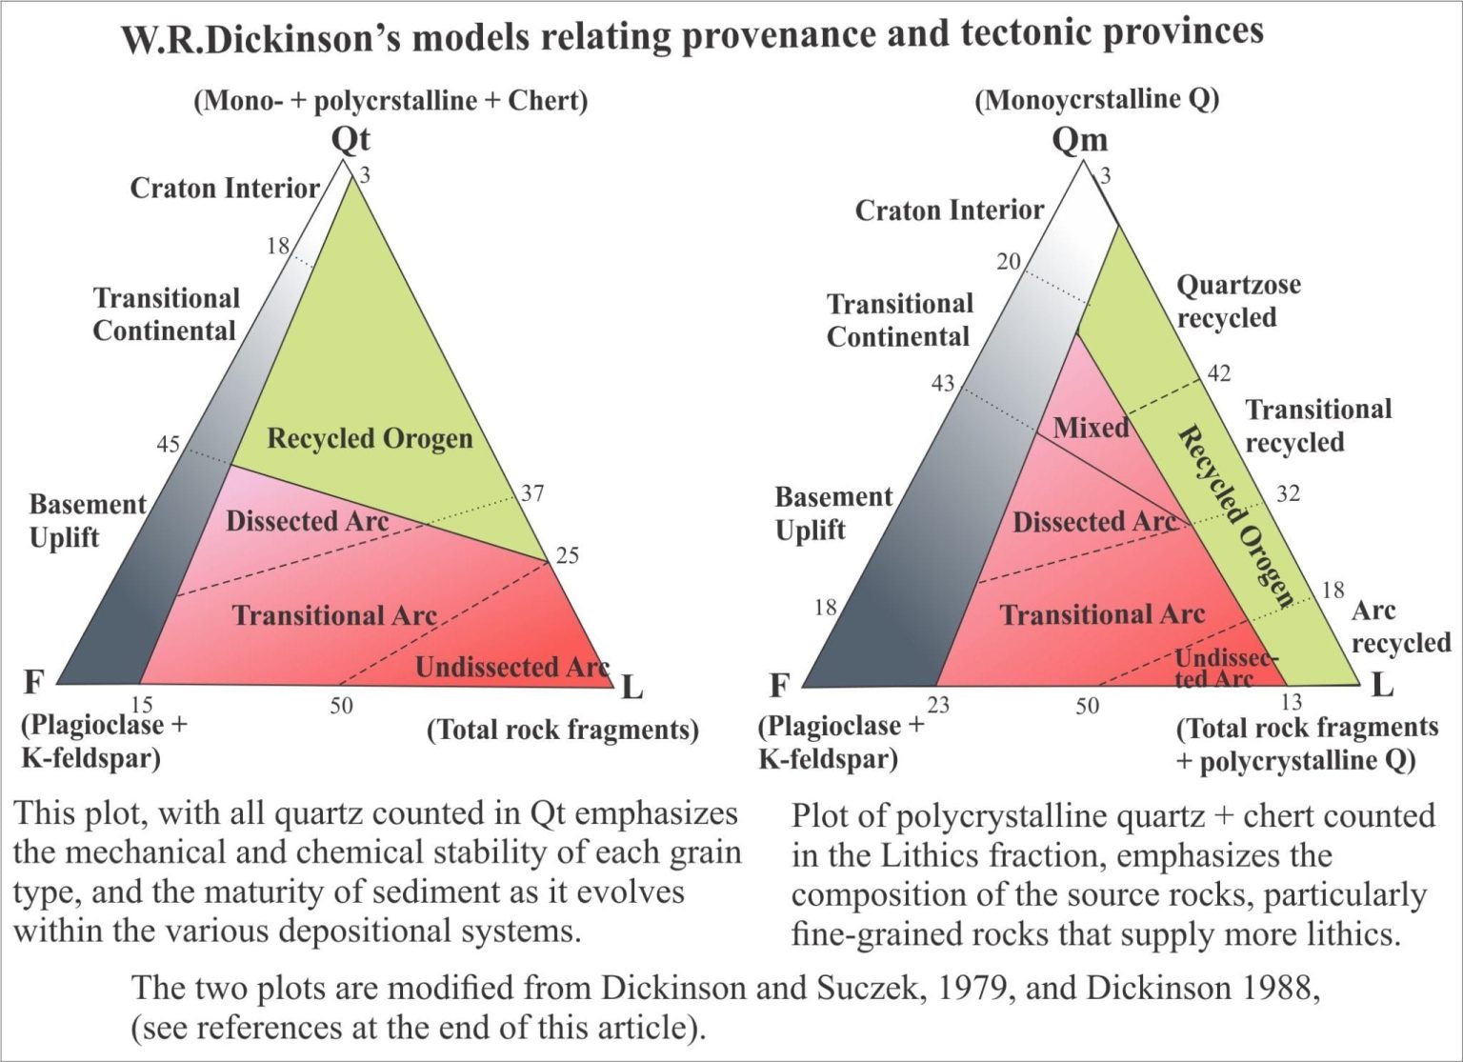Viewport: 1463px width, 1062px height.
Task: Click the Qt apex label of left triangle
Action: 351,140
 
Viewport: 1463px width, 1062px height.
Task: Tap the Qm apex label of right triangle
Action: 1079,140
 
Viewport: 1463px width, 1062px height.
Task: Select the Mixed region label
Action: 1092,428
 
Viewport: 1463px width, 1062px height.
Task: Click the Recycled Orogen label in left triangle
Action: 370,438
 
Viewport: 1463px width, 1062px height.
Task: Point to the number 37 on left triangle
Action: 532,493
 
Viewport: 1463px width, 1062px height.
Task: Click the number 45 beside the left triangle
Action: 168,445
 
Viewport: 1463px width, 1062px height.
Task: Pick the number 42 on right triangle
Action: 1219,373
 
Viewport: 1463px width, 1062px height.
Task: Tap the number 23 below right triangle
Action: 938,705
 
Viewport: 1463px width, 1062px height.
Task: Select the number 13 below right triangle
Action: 1292,702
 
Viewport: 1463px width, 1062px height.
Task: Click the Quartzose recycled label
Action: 1237,301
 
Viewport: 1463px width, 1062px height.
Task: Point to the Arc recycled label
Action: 1400,627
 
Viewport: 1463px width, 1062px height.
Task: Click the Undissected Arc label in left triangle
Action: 512,667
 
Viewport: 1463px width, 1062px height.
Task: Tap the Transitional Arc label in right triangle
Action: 1102,614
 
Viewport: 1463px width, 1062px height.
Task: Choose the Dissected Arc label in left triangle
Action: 307,522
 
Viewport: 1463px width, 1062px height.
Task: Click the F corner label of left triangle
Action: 34,683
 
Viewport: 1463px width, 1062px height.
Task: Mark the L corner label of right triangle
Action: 1383,686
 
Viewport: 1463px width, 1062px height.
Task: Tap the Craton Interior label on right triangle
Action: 950,210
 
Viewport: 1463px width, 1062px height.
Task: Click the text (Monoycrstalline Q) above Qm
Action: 1097,100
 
